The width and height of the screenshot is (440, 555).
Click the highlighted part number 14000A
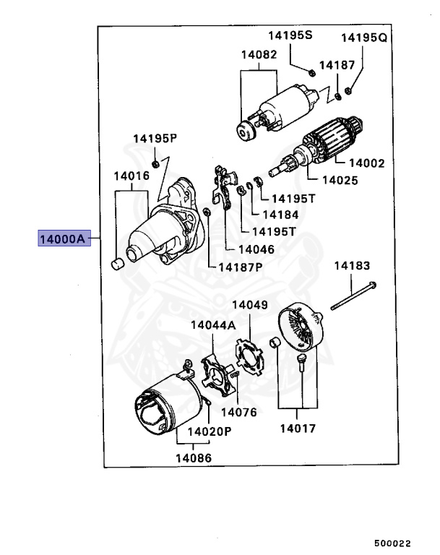click(64, 238)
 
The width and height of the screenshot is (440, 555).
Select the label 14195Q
click(364, 37)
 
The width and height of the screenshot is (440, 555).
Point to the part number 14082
click(259, 54)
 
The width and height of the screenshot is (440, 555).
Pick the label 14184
click(280, 214)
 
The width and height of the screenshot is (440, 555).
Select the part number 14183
click(352, 266)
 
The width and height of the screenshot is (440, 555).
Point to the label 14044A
click(213, 325)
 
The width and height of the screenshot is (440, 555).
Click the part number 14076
click(238, 412)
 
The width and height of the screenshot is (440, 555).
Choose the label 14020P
click(210, 431)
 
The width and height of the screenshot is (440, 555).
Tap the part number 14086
click(194, 457)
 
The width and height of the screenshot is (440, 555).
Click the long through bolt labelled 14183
click(354, 297)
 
